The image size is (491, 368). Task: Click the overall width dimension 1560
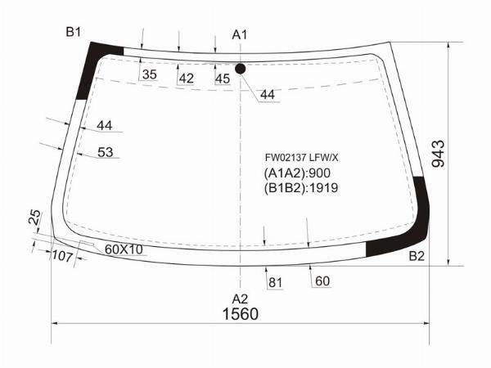pos(240,314)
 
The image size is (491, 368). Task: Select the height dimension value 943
pos(438,154)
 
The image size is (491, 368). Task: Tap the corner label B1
pos(74,32)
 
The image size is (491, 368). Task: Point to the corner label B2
pos(417,256)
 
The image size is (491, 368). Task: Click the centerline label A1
pos(240,34)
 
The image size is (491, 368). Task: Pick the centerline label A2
pos(240,299)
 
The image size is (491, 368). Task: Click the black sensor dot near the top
pos(240,69)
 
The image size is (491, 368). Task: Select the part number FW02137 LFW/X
pos(301,158)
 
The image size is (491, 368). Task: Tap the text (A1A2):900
pos(297,173)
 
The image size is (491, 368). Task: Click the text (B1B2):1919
pos(301,188)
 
